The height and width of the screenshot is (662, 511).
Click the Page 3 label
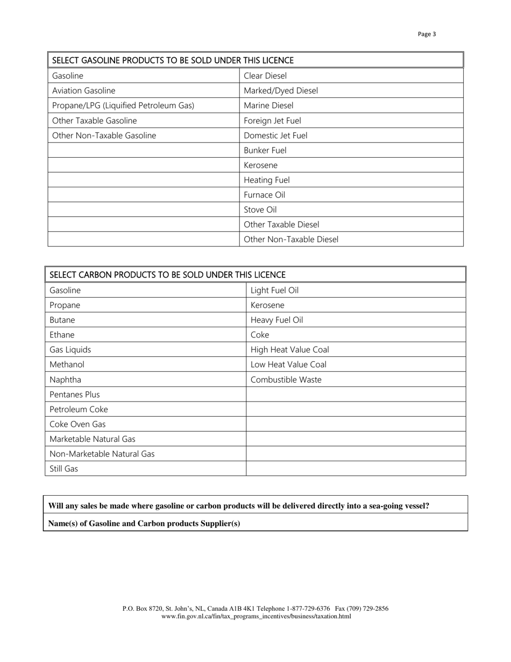427,34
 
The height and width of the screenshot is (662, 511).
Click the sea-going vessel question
239,505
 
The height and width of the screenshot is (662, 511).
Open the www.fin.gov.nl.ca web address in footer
256,616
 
